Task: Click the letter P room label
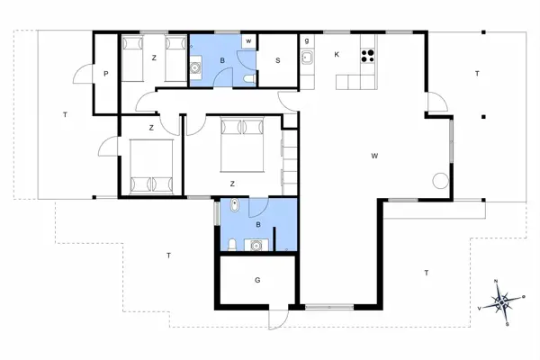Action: pos(106,74)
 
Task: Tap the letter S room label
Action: pos(278,60)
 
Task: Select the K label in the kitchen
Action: pos(337,54)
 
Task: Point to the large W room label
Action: pos(373,156)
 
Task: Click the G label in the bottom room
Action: pos(257,280)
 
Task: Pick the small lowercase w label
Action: pos(247,41)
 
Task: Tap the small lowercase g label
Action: pos(307,41)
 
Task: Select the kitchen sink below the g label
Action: pos(307,58)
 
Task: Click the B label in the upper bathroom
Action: pos(221,61)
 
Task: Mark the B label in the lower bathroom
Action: pos(258,224)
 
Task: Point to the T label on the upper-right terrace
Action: pos(477,74)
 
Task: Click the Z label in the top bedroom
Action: pos(154,57)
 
